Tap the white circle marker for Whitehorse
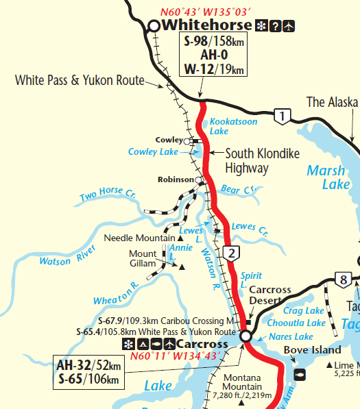pyautogui.click(x=154, y=26)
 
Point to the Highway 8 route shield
pyautogui.click(x=343, y=279)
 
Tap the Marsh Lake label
pyautogui.click(x=326, y=177)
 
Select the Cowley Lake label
pyautogui.click(x=153, y=151)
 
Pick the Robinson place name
pyautogui.click(x=176, y=180)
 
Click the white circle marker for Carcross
pyautogui.click(x=245, y=336)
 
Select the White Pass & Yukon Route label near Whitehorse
pyautogui.click(x=80, y=81)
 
